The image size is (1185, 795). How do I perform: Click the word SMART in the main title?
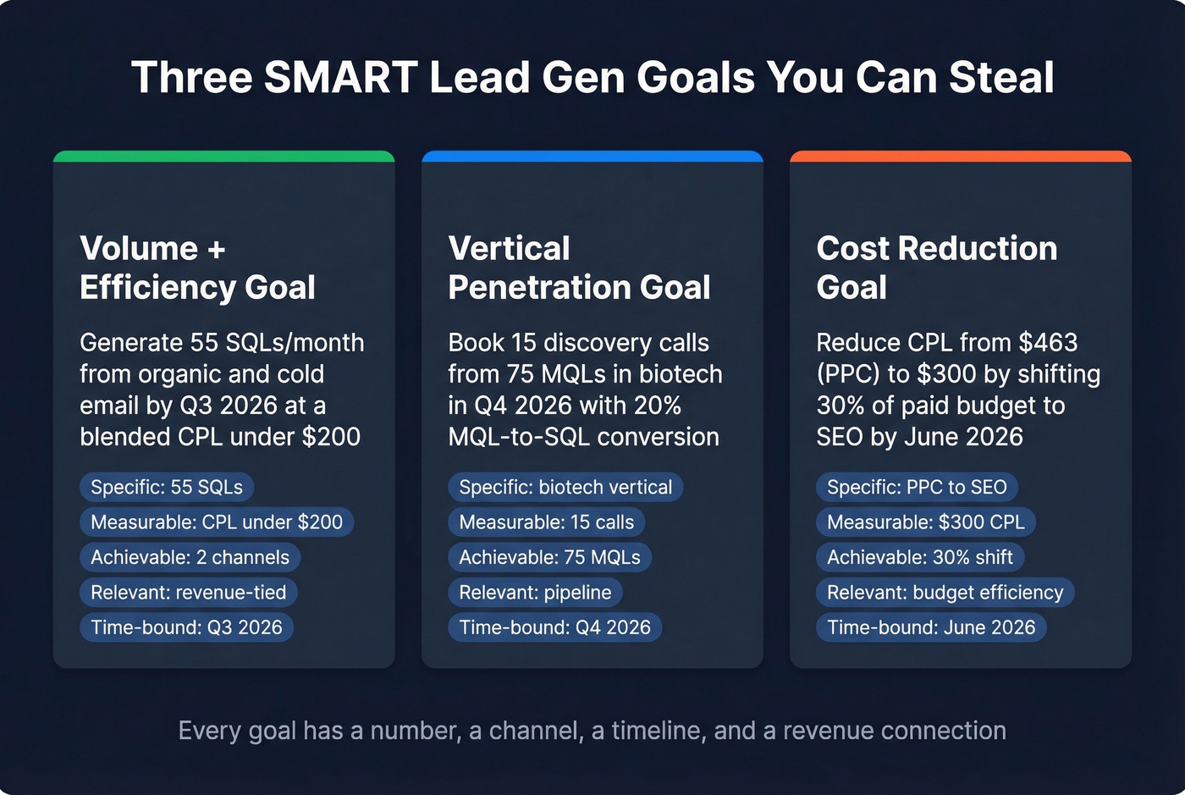[x=340, y=77]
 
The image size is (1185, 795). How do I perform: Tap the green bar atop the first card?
[x=224, y=157]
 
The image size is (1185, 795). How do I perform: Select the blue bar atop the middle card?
[x=592, y=157]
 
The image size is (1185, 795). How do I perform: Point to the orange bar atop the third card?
[x=961, y=157]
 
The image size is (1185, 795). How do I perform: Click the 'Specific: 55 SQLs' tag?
[x=167, y=487]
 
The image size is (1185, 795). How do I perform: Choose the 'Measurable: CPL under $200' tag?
[x=217, y=522]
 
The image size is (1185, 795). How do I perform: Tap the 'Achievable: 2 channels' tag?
[x=190, y=557]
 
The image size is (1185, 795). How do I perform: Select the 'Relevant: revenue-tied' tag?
[x=188, y=592]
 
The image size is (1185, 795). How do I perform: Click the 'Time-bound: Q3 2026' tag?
[x=186, y=627]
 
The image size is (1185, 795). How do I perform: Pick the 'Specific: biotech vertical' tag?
[x=565, y=487]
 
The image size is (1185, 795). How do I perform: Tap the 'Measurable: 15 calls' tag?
[x=546, y=522]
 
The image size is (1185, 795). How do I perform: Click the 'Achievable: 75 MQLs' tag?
[x=549, y=557]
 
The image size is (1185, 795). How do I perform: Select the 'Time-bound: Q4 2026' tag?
[x=554, y=627]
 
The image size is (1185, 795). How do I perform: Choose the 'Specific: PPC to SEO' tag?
[x=917, y=487]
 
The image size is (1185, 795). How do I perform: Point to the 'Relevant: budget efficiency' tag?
[x=945, y=592]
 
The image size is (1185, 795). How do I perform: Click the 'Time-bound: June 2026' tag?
[x=931, y=627]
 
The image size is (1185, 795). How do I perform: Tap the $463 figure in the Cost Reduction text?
[x=1048, y=342]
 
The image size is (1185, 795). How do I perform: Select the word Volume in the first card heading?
[x=139, y=249]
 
